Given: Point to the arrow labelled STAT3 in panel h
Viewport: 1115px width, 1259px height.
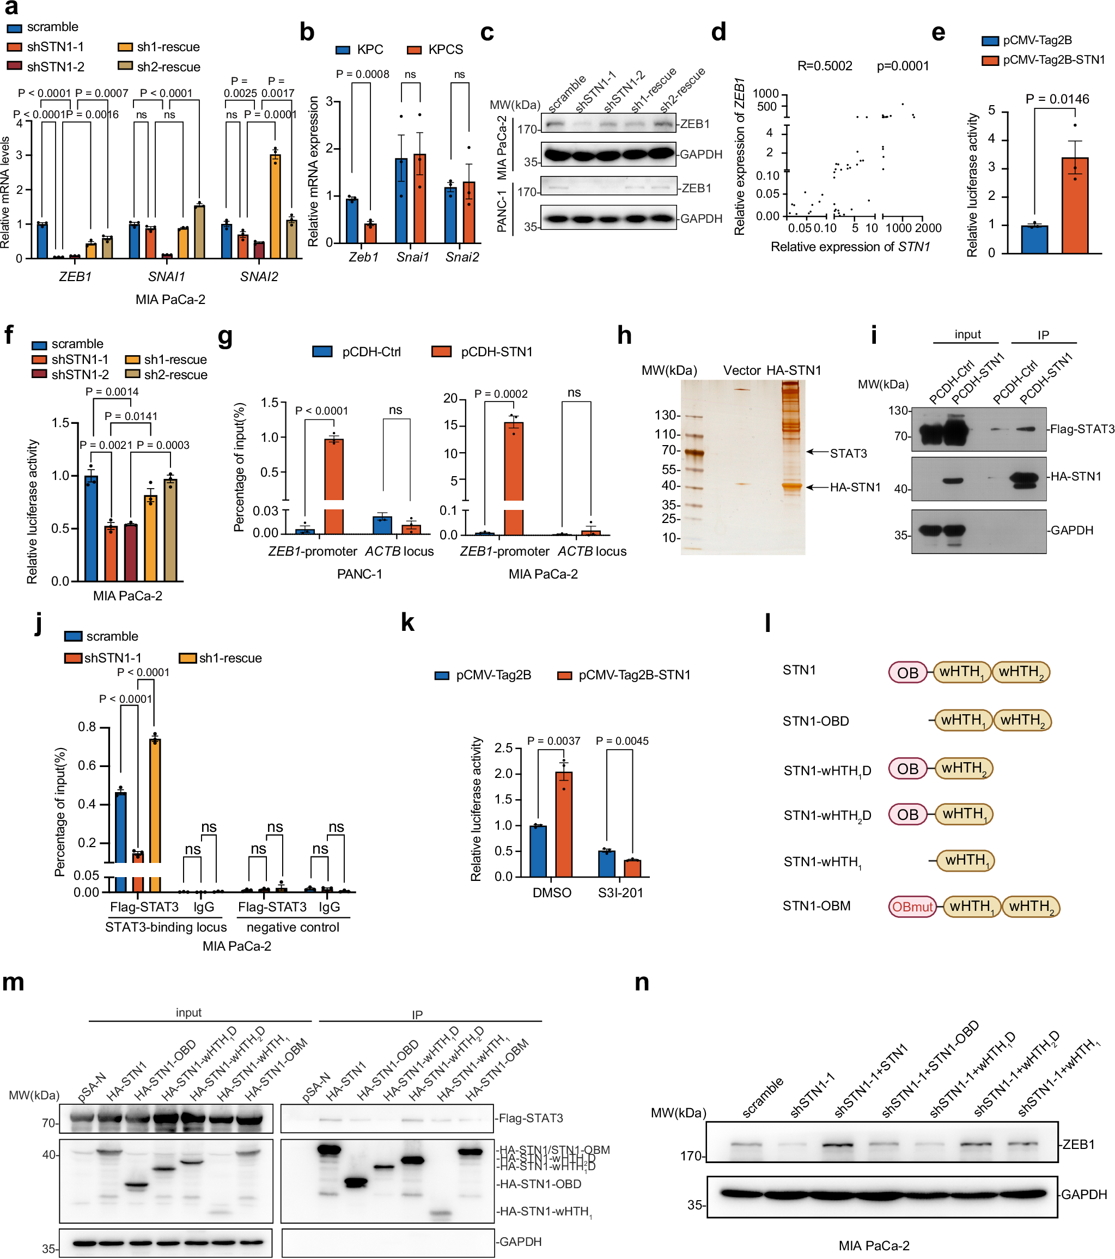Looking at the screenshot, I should [817, 452].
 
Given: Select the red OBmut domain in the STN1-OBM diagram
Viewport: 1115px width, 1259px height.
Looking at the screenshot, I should [912, 907].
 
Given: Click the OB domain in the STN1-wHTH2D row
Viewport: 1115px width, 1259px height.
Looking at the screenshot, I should [907, 814].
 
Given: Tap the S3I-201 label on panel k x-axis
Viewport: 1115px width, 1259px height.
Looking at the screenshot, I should [620, 892].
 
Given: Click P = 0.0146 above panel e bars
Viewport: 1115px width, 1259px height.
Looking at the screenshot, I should [1057, 99].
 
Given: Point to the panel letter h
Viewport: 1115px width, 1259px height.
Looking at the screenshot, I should [624, 336].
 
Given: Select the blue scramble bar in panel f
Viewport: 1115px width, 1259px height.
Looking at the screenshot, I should [91, 528].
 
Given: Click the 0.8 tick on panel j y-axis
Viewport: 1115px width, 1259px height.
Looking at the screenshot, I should [87, 727].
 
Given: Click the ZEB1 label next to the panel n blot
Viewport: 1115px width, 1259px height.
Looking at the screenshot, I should [1079, 1145].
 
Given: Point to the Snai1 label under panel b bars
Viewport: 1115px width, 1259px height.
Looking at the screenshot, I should [412, 257].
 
